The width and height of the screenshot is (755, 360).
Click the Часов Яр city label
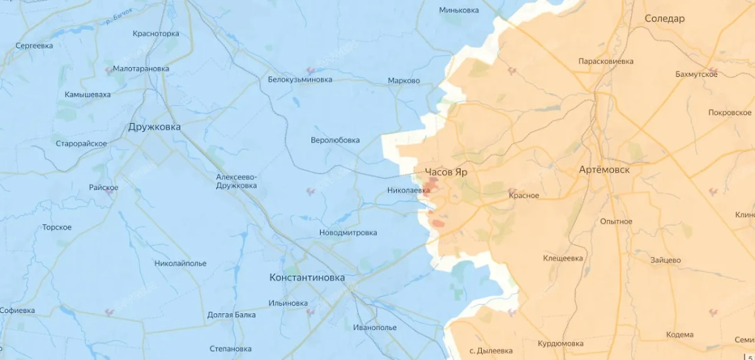445,172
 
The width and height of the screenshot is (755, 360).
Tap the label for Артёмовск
604,170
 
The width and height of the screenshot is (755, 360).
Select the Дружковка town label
154,127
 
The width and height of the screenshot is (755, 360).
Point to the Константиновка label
307,278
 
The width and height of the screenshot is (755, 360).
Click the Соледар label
664,19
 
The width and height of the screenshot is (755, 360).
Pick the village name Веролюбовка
335,140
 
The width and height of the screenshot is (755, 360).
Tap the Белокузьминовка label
299,80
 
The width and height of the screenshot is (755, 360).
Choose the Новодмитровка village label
348,233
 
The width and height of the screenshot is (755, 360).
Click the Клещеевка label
562,258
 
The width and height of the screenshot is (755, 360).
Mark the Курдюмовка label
560,344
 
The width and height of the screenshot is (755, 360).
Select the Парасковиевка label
605,62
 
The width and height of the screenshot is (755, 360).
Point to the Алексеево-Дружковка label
236,181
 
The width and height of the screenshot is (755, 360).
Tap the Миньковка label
459,10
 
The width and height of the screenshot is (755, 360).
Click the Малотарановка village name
142,69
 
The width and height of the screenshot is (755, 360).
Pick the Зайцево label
666,260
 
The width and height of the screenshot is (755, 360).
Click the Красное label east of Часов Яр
523,195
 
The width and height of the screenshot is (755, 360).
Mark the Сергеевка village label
34,46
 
